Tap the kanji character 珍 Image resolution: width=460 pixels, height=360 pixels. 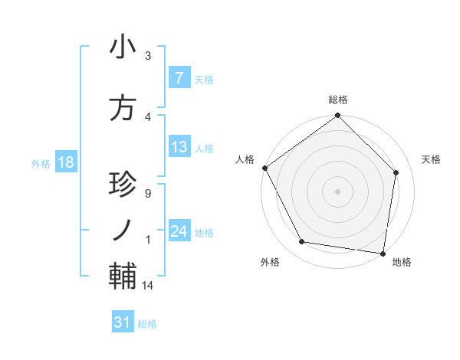[x=123, y=186]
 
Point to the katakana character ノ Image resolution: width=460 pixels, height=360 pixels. [x=123, y=229]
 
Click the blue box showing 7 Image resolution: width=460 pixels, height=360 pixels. [x=179, y=77]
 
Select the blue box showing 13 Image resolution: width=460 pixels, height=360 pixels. [x=179, y=147]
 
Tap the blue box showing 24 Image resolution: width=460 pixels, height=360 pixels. [x=179, y=231]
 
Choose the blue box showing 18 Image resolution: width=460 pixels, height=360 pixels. [x=65, y=163]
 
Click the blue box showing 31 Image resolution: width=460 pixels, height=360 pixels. [x=123, y=322]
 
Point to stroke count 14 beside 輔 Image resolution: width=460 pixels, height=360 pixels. [x=149, y=286]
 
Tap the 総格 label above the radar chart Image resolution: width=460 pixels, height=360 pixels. [x=338, y=100]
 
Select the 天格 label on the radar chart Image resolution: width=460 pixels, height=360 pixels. [x=432, y=159]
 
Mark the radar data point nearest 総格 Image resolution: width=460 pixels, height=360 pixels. [x=338, y=116]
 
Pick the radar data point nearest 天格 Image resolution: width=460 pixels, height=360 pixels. [x=396, y=172]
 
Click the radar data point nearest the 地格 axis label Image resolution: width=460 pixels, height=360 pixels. [x=383, y=253]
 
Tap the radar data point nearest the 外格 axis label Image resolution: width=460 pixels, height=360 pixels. [x=302, y=242]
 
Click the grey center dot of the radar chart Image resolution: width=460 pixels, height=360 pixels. [x=338, y=191]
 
